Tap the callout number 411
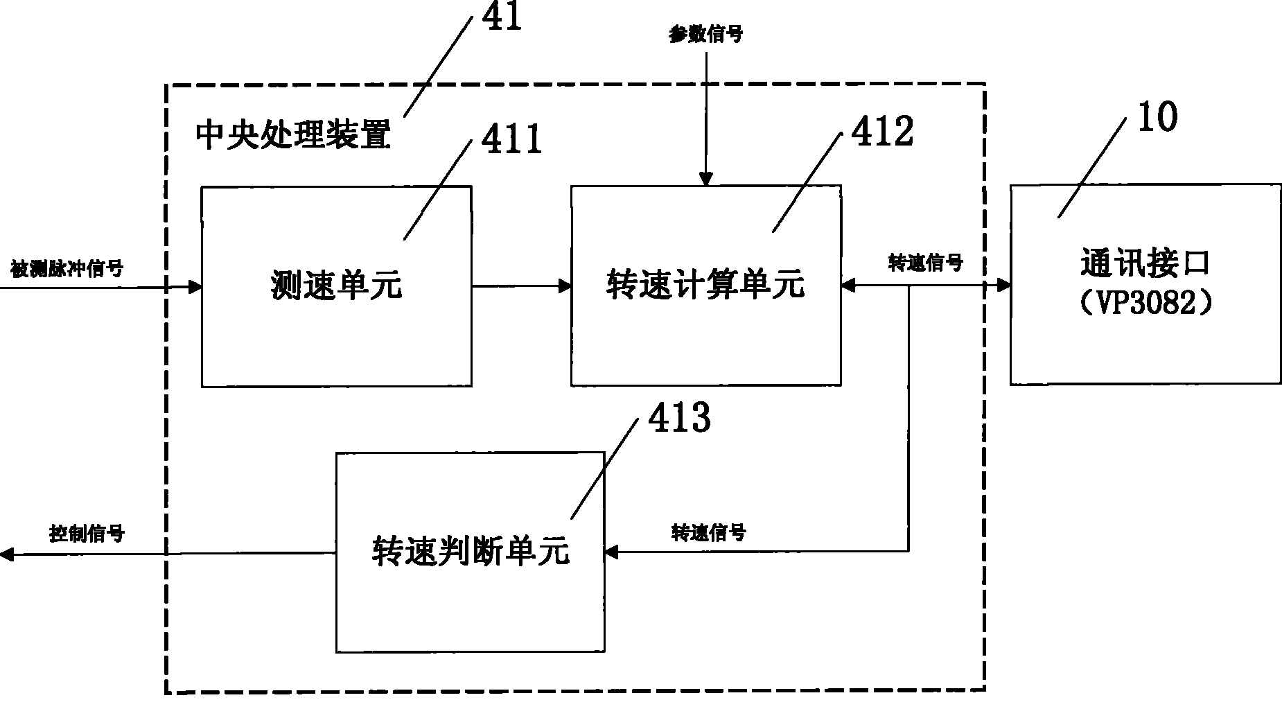coord(511,140)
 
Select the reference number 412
coord(882,132)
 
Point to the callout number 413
coord(678,419)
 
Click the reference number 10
coord(1156,117)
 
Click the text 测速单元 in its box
coord(336,286)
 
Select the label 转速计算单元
coord(705,284)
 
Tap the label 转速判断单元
coord(470,552)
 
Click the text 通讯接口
coord(1145,265)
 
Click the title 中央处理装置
coord(293,134)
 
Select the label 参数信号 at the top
coord(705,34)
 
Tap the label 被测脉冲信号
coord(67,268)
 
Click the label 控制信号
coord(87,534)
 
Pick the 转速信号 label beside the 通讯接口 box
coord(925,263)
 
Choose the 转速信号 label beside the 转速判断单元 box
coord(708,532)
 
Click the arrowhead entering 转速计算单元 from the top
coord(705,179)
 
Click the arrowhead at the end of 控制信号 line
coord(7,553)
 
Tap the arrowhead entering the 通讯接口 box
coord(1003,285)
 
